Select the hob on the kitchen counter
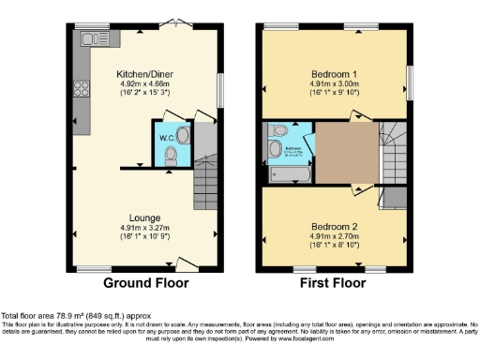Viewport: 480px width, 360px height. tap(80, 92)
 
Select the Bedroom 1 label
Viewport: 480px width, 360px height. tap(335, 72)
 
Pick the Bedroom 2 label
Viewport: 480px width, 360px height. tap(335, 226)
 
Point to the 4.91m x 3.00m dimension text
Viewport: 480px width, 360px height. tap(335, 83)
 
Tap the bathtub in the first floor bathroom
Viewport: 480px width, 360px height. tap(287, 174)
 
